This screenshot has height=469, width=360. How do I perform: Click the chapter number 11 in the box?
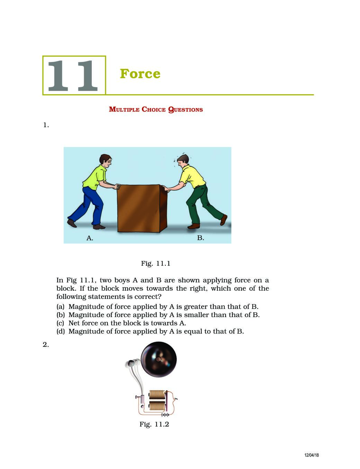coord(73,76)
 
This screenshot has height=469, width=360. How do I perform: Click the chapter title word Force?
coord(140,74)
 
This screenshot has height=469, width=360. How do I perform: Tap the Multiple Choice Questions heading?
coord(156,110)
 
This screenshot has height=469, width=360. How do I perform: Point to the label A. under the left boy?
coord(90,238)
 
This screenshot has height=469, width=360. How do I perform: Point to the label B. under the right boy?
coord(200,238)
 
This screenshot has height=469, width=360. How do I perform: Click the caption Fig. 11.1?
coord(155,263)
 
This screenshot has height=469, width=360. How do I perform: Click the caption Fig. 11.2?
coord(154,424)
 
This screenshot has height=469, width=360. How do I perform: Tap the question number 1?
coord(46,125)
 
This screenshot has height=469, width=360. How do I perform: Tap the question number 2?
coord(46,345)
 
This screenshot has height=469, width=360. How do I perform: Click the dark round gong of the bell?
coord(159,359)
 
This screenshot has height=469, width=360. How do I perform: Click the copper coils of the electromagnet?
coord(157,400)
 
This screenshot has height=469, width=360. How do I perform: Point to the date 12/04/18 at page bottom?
coord(312,455)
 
